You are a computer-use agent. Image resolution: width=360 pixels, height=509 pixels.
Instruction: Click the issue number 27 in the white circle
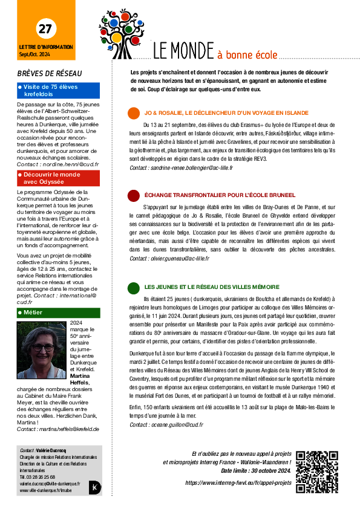click(45, 29)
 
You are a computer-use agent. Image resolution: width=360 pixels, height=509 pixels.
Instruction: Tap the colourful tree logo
click(122, 34)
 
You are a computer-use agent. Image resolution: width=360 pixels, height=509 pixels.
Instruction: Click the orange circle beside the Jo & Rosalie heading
click(134, 113)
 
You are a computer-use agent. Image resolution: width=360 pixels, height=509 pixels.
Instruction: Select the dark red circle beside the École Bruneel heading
click(134, 195)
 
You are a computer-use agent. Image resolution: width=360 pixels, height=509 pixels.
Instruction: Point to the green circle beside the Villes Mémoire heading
click(134, 288)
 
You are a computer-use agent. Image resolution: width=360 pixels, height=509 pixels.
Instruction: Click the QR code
click(317, 472)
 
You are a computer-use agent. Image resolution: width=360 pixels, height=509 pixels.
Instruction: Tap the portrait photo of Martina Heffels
click(41, 350)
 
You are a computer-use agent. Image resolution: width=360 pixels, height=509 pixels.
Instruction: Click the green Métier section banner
click(59, 313)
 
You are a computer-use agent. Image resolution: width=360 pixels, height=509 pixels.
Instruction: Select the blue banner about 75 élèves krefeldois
click(59, 91)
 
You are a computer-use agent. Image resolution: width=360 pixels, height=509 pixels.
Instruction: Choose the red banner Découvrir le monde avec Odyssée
click(59, 178)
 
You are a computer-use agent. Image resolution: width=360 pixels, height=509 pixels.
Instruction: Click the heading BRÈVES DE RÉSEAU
click(50, 74)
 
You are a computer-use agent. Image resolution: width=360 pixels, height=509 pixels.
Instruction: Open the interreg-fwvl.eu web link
click(238, 483)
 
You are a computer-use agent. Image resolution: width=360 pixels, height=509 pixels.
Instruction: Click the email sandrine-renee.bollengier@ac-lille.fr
click(192, 168)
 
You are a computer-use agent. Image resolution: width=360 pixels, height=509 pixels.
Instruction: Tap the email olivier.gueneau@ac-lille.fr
click(180, 258)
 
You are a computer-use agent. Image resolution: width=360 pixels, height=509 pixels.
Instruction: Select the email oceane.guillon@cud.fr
click(177, 424)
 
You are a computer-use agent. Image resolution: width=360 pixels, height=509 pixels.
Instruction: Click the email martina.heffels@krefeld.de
click(69, 429)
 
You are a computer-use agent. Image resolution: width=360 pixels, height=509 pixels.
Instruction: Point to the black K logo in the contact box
click(95, 487)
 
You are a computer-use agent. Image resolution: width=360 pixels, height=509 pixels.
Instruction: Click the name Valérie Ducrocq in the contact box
click(51, 450)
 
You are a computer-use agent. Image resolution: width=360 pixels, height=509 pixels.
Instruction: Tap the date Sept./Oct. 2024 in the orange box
click(34, 54)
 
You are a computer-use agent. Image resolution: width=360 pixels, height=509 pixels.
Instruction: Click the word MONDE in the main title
click(192, 51)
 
